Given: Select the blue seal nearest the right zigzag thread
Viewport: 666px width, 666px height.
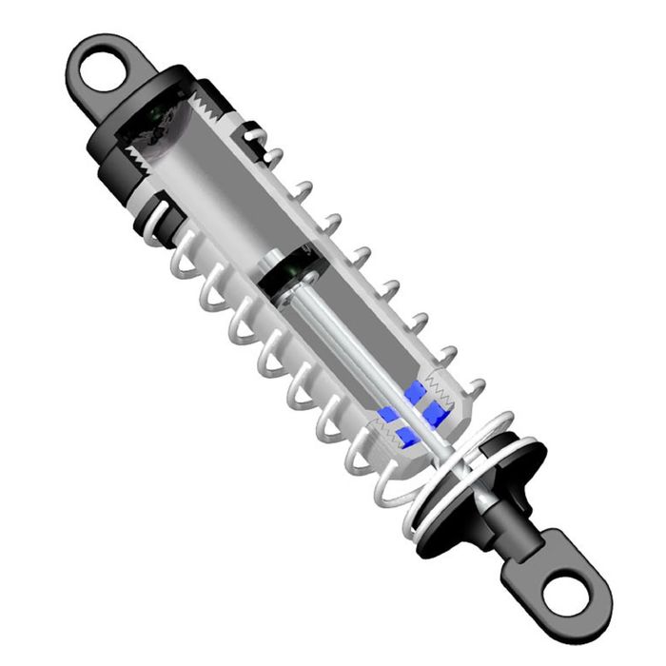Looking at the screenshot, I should click(436, 411).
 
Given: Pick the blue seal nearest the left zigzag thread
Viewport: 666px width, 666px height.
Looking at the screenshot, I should click(389, 415).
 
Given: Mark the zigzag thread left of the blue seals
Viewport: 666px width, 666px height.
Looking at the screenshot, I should click(384, 442).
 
